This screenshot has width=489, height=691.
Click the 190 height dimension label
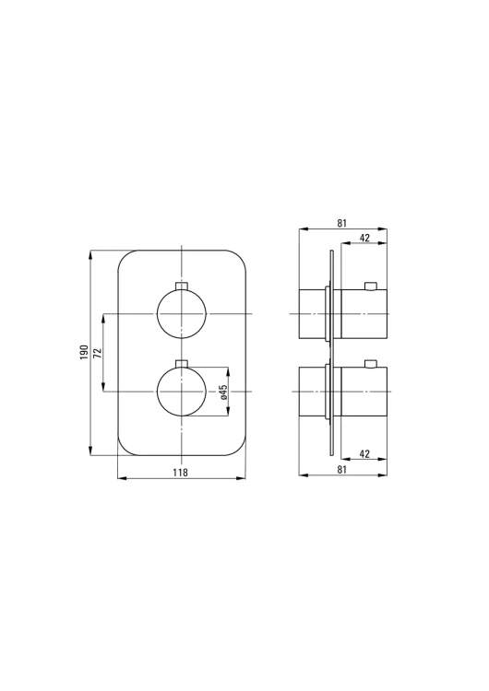(84, 353)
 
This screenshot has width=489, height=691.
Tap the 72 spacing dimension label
(98, 353)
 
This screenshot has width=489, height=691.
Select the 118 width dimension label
(180, 473)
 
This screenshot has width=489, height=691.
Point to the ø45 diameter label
(223, 392)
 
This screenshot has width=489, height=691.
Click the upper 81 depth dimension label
(342, 224)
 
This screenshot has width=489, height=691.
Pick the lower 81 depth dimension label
(342, 470)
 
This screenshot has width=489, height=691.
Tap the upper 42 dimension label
(364, 238)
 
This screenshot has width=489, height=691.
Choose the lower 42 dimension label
(364, 454)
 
